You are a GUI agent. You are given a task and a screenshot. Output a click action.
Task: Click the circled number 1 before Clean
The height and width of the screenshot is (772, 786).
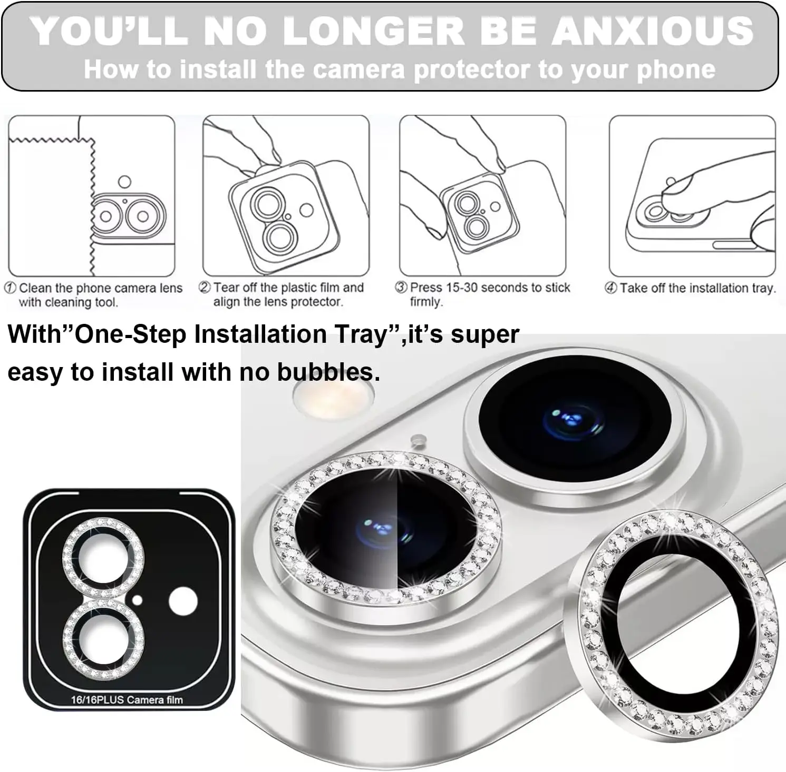[x=10, y=288]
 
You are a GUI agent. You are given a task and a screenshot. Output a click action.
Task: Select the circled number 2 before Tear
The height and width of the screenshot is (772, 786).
[x=205, y=288]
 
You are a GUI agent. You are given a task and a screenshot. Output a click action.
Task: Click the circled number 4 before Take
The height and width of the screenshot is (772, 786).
[x=610, y=288]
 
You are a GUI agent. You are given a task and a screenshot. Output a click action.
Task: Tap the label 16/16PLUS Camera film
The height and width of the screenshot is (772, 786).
[x=127, y=700]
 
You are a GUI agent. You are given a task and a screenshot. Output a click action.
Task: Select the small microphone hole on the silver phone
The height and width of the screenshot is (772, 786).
[x=418, y=438]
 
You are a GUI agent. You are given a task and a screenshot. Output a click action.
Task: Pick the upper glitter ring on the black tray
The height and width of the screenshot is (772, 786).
[x=103, y=558]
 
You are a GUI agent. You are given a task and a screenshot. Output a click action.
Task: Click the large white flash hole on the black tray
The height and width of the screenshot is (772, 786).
[x=183, y=601]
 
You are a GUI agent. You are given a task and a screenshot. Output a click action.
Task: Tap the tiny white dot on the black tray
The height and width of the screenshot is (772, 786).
[x=138, y=600]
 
